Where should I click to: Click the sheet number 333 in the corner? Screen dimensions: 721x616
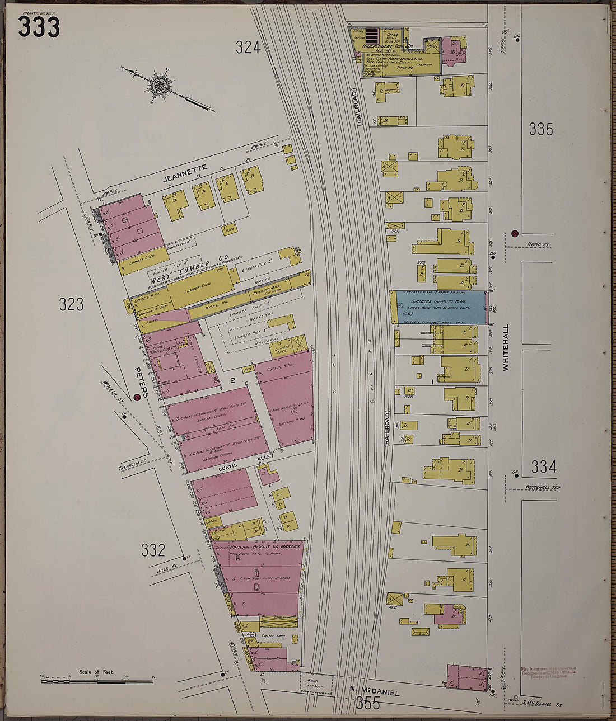[38, 26]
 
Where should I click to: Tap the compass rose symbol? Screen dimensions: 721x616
[159, 86]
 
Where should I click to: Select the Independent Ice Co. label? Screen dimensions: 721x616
[388, 46]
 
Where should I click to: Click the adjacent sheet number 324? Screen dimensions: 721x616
[248, 48]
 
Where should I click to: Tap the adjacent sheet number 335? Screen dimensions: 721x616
[540, 129]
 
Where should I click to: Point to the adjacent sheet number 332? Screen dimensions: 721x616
[153, 550]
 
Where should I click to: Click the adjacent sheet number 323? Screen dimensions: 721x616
[71, 304]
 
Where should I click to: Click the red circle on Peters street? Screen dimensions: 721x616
[137, 397]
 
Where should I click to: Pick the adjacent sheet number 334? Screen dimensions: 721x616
[543, 466]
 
